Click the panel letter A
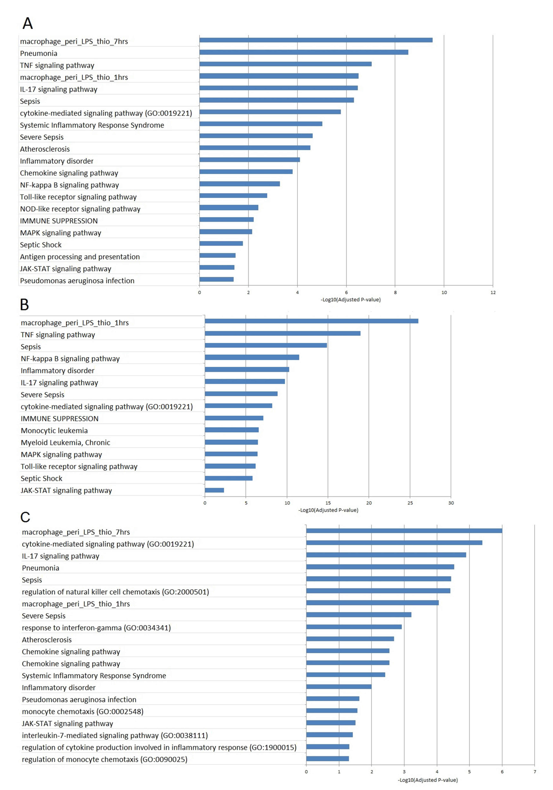[28, 23]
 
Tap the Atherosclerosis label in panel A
[45, 149]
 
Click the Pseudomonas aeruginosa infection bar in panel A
[216, 279]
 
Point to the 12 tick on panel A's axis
[493, 293]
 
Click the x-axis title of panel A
[350, 300]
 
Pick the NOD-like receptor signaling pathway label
[80, 209]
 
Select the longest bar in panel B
[311, 321]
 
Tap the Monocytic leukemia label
[54, 430]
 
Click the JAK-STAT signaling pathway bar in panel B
[214, 490]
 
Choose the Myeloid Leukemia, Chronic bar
[231, 442]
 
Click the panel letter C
[25, 517]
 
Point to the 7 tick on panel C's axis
[534, 772]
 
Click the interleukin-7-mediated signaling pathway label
[115, 735]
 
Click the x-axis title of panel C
[428, 780]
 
